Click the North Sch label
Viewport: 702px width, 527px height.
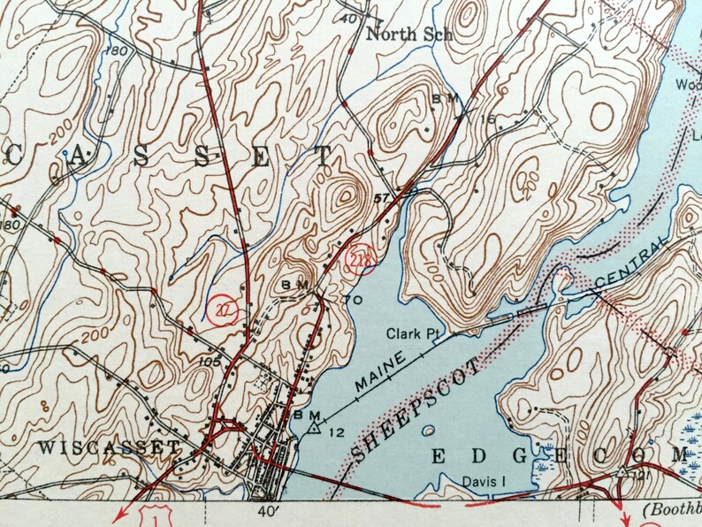409,35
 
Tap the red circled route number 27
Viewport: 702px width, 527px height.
224,308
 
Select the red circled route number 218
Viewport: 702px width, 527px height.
361,259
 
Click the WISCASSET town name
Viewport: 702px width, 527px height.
110,447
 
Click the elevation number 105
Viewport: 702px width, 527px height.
210,361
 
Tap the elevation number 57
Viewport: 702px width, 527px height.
382,196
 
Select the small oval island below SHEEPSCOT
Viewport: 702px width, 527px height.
428,432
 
